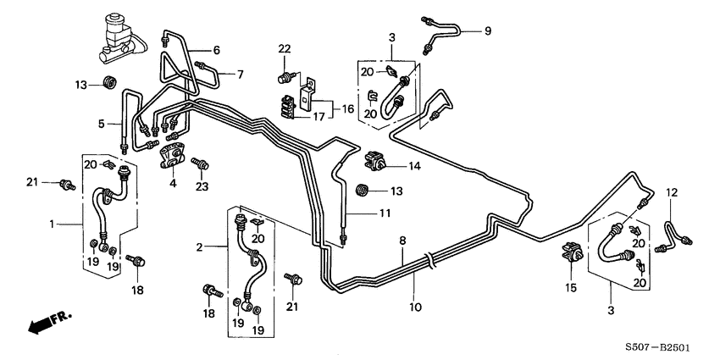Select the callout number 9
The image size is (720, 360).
pyautogui.click(x=488, y=32)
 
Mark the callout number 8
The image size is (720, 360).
pyautogui.click(x=402, y=241)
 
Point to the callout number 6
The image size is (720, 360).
pyautogui.click(x=215, y=50)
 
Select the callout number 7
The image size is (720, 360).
pyautogui.click(x=240, y=75)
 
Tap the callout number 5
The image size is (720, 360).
pyautogui.click(x=100, y=125)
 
